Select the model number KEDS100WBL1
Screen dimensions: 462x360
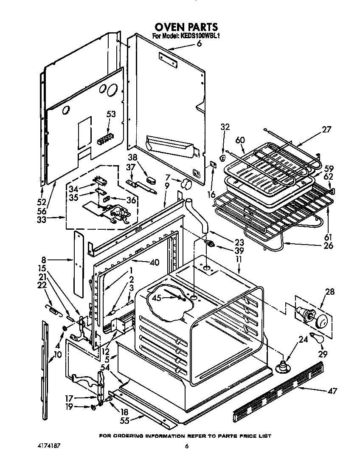[x=200, y=37]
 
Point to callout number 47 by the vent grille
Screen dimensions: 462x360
[x=332, y=391]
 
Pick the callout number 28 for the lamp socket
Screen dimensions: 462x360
[x=329, y=292]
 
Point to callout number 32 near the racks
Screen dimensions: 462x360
[x=225, y=127]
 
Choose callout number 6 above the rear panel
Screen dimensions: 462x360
[x=199, y=43]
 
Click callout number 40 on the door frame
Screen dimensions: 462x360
[x=154, y=262]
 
